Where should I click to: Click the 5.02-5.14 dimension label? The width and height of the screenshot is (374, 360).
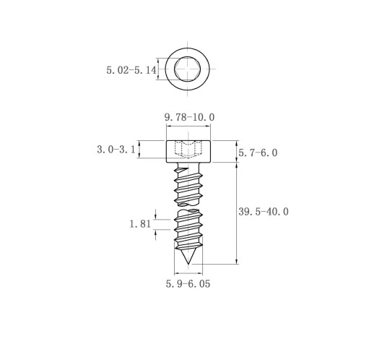click(131, 70)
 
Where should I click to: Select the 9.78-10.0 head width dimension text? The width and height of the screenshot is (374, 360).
click(189, 117)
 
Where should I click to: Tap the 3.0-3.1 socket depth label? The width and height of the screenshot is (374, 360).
click(116, 150)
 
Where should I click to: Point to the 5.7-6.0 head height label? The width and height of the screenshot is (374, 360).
click(258, 153)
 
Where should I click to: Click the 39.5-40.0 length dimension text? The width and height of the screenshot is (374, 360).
click(264, 212)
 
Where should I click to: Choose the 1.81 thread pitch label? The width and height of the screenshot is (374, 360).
click(140, 224)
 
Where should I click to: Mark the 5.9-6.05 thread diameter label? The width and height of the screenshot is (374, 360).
click(188, 284)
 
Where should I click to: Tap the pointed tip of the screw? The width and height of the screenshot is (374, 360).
click(188, 264)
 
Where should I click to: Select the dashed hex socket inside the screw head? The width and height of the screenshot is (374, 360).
click(188, 150)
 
